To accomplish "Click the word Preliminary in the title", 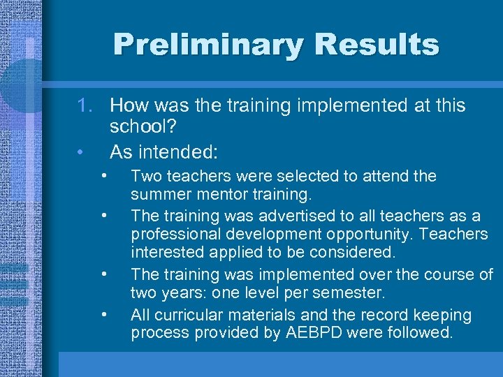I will pyautogui.click(x=207, y=45).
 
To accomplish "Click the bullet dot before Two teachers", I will pyautogui.click(x=103, y=175).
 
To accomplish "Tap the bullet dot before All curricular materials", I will pyautogui.click(x=103, y=313).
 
